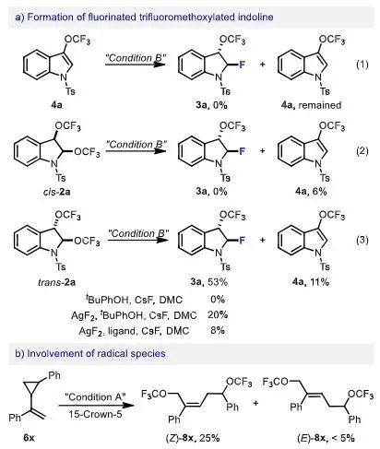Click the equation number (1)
pyautogui.click(x=362, y=65)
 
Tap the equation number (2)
pyautogui.click(x=362, y=151)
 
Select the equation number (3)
pyautogui.click(x=362, y=240)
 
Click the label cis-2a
pyautogui.click(x=57, y=192)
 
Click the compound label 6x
pyautogui.click(x=30, y=437)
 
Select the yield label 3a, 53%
pyautogui.click(x=212, y=281)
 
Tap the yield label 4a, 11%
pyautogui.click(x=311, y=281)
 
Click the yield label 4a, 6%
pyautogui.click(x=311, y=191)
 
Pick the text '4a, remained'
pyautogui.click(x=311, y=105)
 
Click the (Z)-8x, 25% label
pyautogui.click(x=193, y=437)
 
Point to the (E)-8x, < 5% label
pyautogui.click(x=326, y=437)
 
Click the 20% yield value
pyautogui.click(x=218, y=314)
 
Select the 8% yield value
pyautogui.click(x=218, y=330)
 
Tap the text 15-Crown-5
pyautogui.click(x=95, y=414)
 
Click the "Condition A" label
pyautogui.click(x=95, y=397)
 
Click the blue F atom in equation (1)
pyautogui.click(x=243, y=65)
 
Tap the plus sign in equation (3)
pyautogui.click(x=262, y=240)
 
